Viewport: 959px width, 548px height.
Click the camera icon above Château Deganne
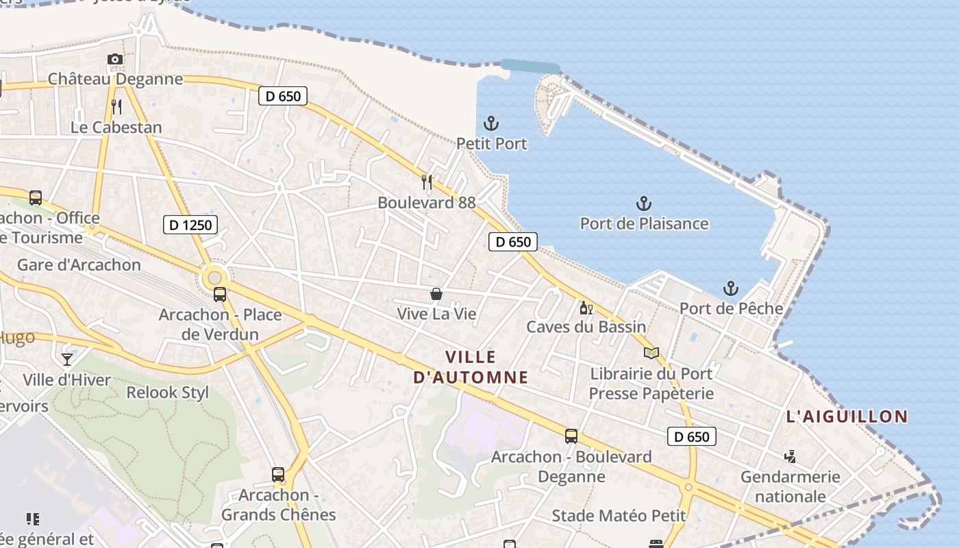click(115, 60)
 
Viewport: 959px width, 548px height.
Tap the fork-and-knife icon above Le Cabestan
click(116, 107)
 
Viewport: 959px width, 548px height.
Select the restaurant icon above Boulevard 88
click(427, 182)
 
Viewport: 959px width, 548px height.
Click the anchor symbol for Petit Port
click(491, 124)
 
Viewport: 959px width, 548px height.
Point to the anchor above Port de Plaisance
click(643, 203)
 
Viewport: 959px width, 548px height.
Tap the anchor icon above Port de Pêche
click(731, 288)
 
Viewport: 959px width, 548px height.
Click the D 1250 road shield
click(190, 225)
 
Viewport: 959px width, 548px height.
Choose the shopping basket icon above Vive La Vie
click(436, 294)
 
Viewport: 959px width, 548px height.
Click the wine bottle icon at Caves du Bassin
click(586, 308)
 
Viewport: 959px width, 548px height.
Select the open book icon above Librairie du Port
click(651, 353)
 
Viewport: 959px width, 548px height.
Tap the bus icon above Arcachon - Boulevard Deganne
click(571, 436)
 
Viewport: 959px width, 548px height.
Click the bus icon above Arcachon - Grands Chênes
click(278, 475)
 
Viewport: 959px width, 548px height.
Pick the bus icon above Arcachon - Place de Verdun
click(220, 295)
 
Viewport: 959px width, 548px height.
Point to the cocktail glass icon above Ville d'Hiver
click(67, 360)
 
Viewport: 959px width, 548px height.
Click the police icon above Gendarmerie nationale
click(790, 456)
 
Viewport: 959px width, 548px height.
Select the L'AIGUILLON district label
click(847, 416)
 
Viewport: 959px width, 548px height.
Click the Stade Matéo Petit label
click(619, 516)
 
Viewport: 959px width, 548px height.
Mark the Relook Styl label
click(168, 393)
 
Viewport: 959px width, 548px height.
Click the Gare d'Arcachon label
click(79, 265)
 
